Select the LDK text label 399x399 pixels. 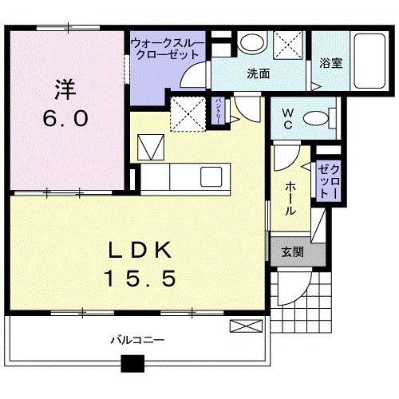tap(140, 251)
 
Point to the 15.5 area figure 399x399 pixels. tap(140, 279)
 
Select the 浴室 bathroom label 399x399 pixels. tap(331, 63)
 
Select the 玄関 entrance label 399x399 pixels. tap(291, 251)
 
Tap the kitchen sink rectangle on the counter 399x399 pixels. tap(211, 176)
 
